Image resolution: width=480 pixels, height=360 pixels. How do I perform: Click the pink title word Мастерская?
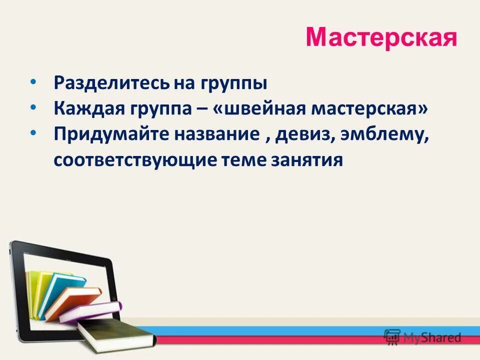point(381,37)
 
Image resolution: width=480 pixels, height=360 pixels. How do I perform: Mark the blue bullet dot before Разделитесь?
point(33,80)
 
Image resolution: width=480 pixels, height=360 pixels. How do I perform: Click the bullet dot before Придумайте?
point(33,132)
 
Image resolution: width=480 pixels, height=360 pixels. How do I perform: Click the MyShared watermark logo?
point(422,337)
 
